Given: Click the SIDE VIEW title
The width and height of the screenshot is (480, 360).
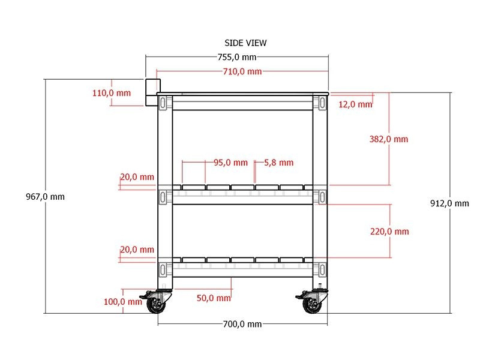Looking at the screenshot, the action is [x=245, y=43].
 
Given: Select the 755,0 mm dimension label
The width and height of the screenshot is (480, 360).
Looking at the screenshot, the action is [x=237, y=57].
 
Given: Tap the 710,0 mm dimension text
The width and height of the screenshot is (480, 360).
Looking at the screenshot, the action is [x=242, y=71].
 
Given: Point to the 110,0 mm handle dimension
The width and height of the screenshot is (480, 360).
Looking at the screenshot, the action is [x=112, y=93].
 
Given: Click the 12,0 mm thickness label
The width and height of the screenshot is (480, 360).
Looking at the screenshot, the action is [x=355, y=104].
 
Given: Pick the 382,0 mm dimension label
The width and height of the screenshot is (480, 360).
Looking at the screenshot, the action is [x=388, y=139].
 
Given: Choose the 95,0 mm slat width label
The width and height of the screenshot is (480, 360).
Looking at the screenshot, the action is [x=230, y=163].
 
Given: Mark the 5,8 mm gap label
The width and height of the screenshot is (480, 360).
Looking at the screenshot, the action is [x=278, y=163].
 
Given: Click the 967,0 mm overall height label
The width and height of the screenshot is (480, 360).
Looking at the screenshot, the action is [x=45, y=197].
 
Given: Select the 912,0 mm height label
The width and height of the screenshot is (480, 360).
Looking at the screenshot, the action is [x=449, y=203].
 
